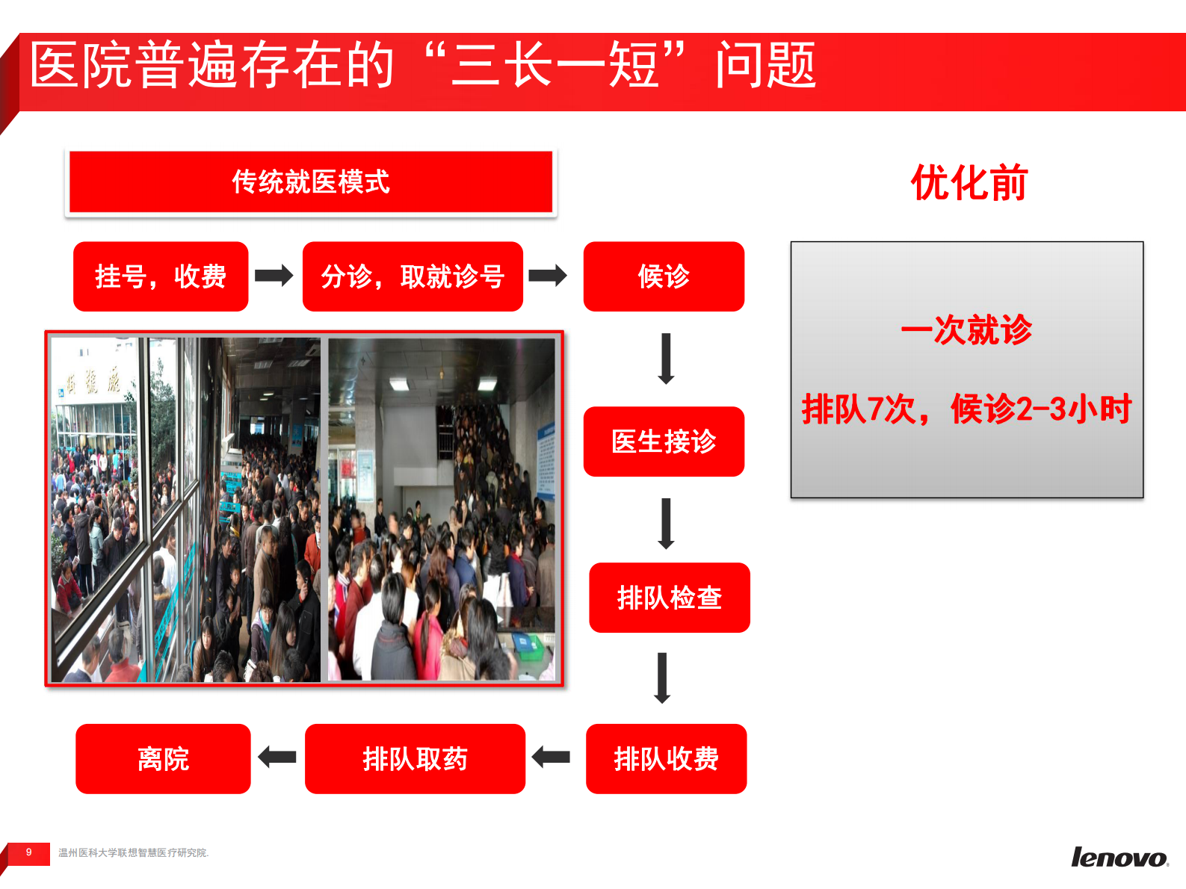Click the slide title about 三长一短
(422, 66)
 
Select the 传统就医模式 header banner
(311, 182)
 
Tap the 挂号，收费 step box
(161, 276)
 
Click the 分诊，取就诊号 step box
(413, 276)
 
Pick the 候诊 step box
(664, 276)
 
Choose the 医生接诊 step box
(664, 442)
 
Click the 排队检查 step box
(669, 598)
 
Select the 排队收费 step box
(666, 759)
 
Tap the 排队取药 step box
(415, 759)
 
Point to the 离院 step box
(163, 759)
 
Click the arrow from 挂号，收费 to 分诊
(274, 276)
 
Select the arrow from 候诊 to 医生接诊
(666, 359)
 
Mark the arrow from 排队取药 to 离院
(277, 758)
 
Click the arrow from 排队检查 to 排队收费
(662, 678)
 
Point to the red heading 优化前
(969, 183)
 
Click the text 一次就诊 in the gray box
(966, 330)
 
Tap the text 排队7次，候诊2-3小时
(966, 409)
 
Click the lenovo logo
(1119, 858)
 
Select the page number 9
(29, 852)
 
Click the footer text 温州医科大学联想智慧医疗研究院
(133, 853)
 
